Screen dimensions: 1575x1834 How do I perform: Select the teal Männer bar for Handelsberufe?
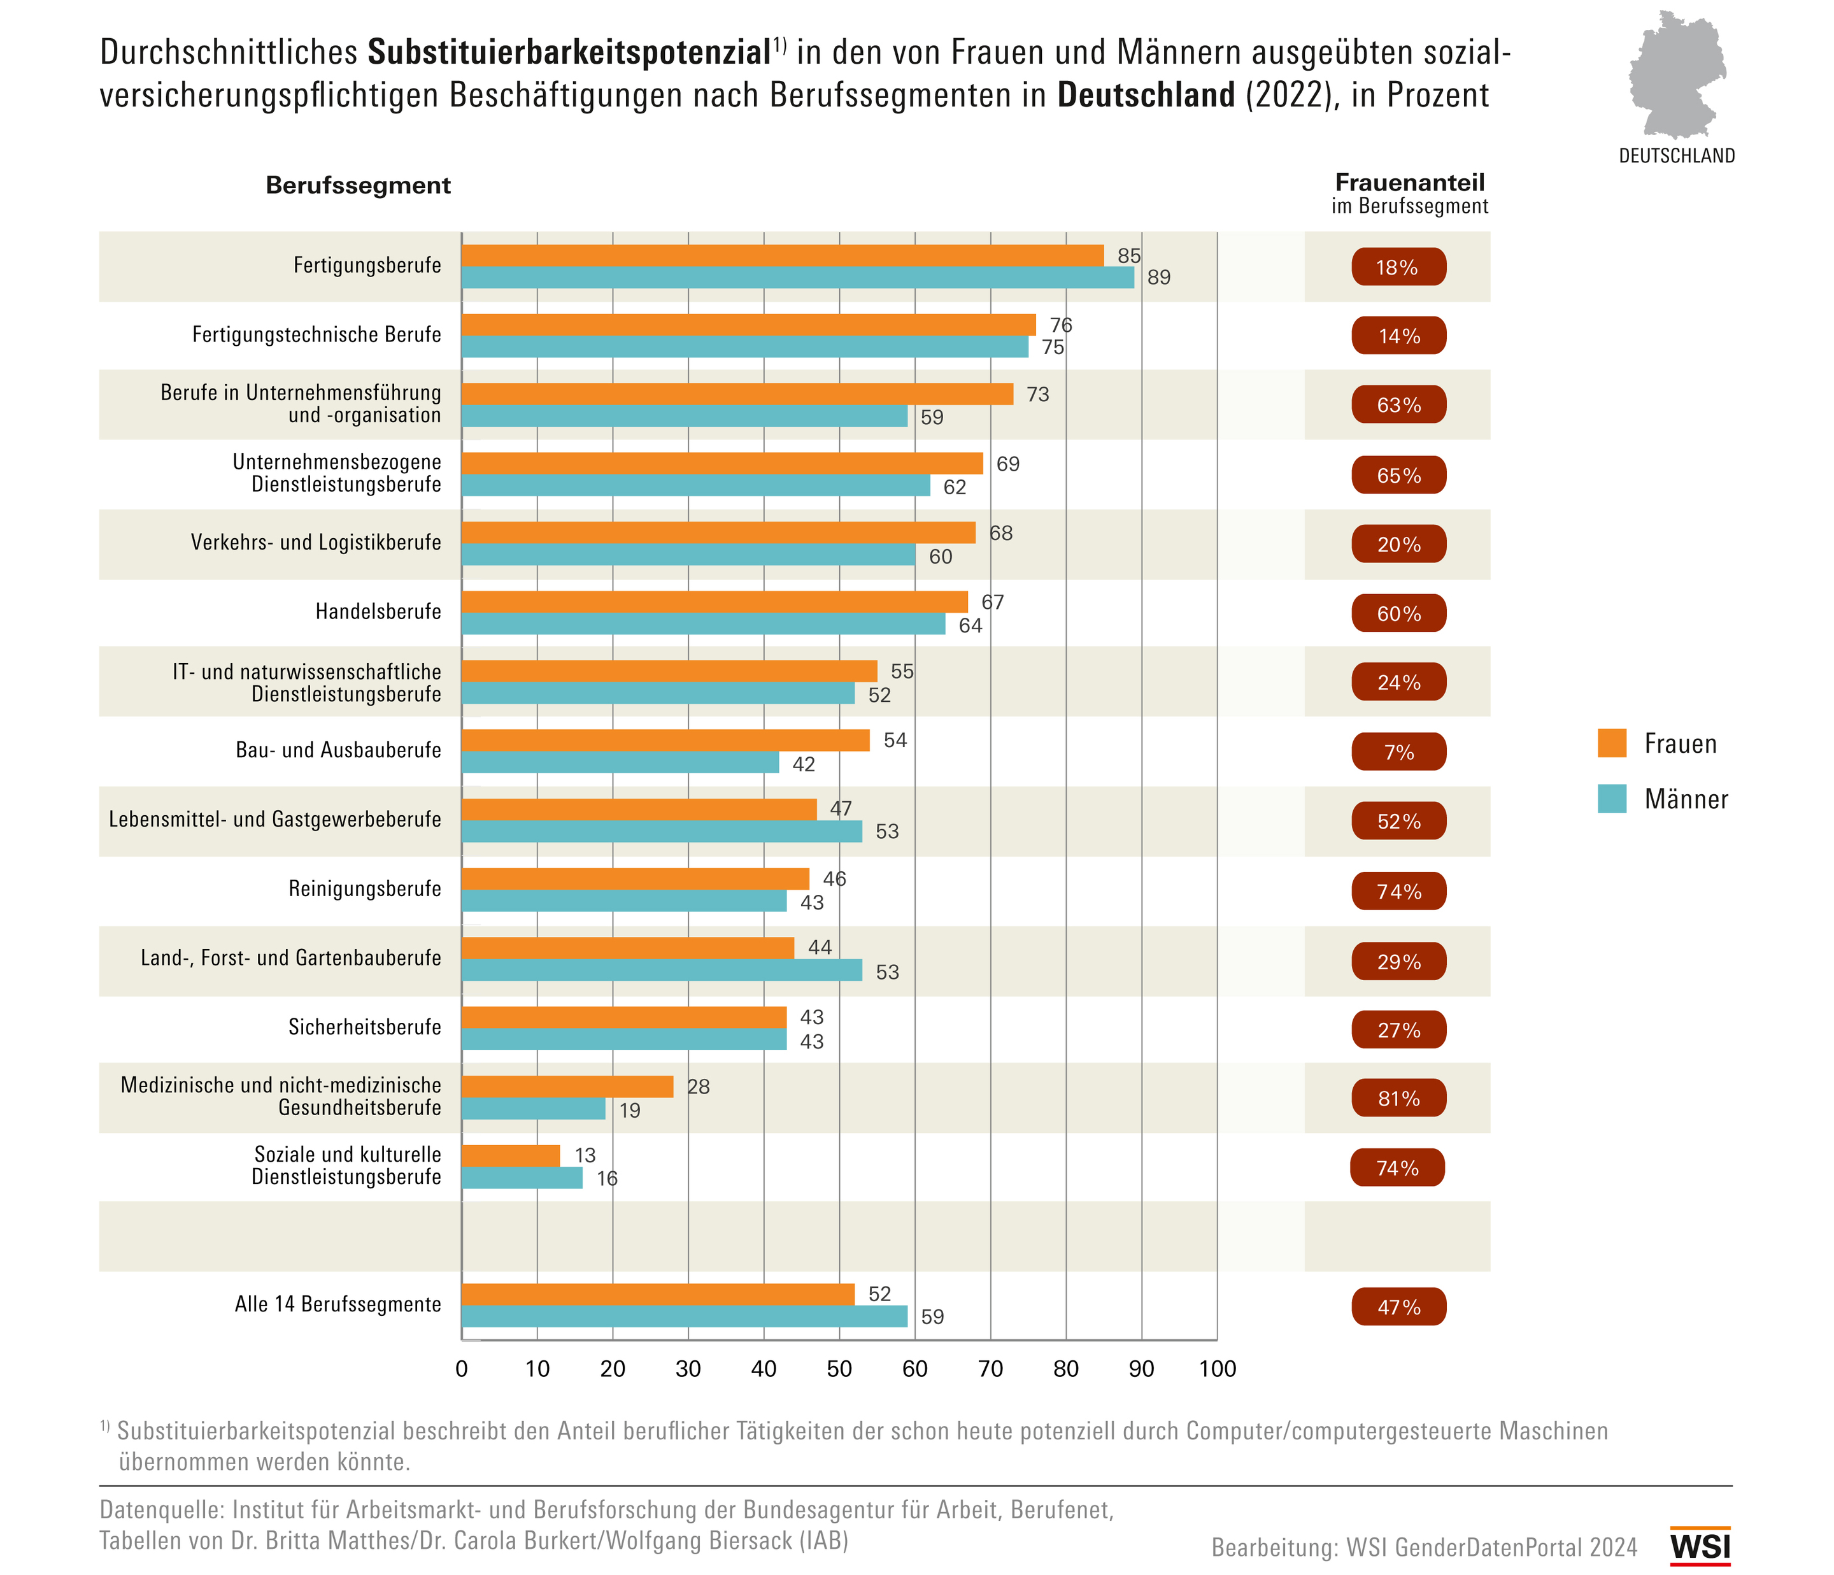tap(703, 624)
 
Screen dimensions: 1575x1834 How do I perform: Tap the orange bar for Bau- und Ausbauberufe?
tap(665, 740)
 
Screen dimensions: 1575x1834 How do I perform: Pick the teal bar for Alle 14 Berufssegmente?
tap(684, 1316)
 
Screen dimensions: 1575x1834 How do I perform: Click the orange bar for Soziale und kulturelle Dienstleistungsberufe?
tap(511, 1155)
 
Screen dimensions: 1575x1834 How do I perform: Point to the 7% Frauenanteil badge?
tap(1398, 752)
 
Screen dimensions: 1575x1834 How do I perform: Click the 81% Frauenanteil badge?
tap(1398, 1098)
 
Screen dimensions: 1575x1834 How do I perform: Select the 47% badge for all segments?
tap(1398, 1307)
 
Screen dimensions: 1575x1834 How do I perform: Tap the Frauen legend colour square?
tap(1612, 743)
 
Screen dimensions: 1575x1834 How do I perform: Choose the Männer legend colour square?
tap(1612, 799)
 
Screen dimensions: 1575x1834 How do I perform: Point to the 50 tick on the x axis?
tap(839, 1369)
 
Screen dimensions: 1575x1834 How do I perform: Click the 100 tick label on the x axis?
tap(1217, 1369)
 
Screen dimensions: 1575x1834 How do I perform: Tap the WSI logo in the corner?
tap(1700, 1546)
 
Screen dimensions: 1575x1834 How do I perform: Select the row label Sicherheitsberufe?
tap(365, 1027)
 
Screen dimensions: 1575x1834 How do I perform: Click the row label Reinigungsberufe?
tap(365, 889)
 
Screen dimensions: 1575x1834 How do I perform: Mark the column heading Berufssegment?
tap(358, 185)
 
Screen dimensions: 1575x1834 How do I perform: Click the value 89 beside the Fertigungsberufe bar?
tap(1158, 278)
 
